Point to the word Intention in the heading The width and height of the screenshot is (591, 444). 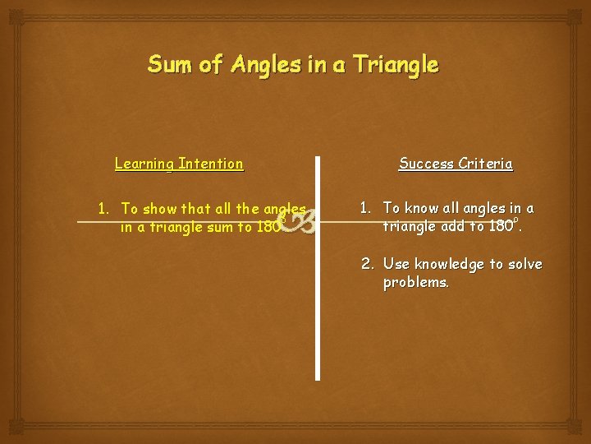pyautogui.click(x=212, y=164)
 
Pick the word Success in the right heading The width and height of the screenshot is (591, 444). pyautogui.click(x=427, y=164)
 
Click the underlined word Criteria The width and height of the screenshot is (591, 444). pyautogui.click(x=486, y=164)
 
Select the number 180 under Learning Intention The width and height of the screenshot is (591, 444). pyautogui.click(x=268, y=228)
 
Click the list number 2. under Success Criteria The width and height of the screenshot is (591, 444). pyautogui.click(x=369, y=264)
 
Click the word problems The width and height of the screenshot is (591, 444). pyautogui.click(x=415, y=282)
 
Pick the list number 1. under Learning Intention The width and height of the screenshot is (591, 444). pyautogui.click(x=103, y=209)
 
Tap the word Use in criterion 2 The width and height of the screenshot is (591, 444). pyautogui.click(x=396, y=264)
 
